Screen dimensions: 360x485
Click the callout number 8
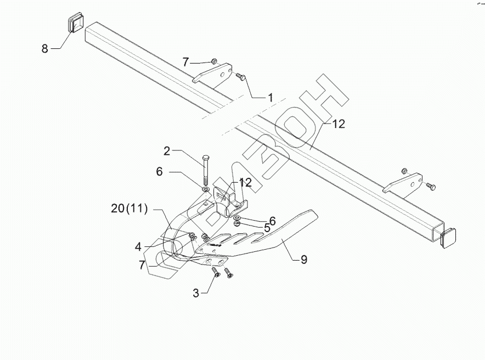click(45, 48)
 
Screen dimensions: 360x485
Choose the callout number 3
click(195, 293)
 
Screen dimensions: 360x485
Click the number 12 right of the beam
click(338, 124)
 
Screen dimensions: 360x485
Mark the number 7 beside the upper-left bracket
click(185, 61)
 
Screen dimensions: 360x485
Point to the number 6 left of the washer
click(159, 172)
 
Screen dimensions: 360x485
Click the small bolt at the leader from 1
click(240, 77)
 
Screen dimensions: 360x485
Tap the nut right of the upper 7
click(215, 60)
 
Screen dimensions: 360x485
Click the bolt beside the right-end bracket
click(430, 187)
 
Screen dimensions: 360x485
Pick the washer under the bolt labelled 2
click(205, 190)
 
